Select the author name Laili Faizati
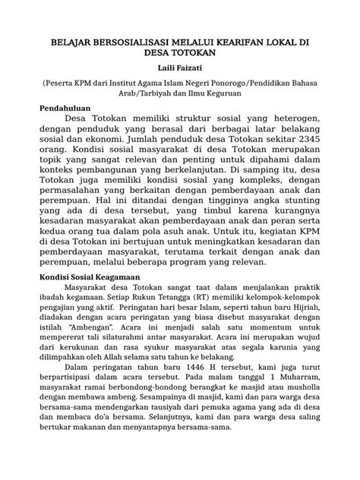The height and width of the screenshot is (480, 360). (180, 70)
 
